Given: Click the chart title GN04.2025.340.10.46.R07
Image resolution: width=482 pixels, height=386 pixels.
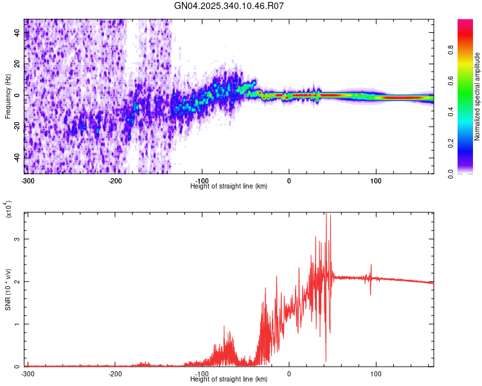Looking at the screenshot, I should [x=229, y=6].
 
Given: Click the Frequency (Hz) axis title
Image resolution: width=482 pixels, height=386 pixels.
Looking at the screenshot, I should [x=8, y=96].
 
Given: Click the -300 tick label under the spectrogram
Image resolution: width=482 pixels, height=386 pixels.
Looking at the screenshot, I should [x=27, y=180].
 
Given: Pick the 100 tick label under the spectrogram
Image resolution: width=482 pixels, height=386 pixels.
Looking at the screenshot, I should [x=375, y=180].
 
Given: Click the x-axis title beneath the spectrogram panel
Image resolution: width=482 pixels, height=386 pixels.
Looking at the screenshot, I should [x=229, y=187].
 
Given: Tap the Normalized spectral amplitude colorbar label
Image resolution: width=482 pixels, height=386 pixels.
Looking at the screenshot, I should [x=478, y=96].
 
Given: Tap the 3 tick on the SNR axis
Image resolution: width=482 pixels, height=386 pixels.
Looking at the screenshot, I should [x=19, y=239].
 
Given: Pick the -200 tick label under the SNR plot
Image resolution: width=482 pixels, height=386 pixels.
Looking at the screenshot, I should [x=115, y=374].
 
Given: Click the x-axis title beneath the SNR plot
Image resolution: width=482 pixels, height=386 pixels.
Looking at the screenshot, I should [x=229, y=380].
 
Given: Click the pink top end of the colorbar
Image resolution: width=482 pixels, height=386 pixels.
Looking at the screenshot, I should [x=465, y=23].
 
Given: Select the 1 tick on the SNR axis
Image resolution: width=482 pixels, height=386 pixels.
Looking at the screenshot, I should [x=19, y=324].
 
